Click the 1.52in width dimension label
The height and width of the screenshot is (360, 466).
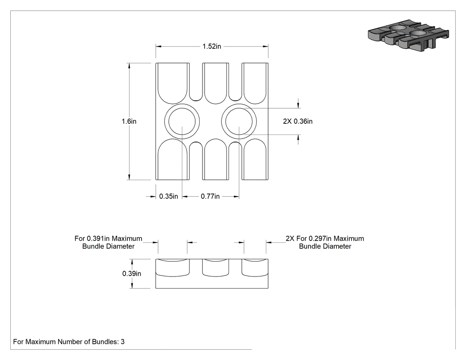click(x=212, y=46)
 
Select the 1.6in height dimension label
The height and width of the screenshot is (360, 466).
click(x=129, y=121)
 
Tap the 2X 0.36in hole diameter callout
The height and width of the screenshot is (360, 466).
click(x=298, y=121)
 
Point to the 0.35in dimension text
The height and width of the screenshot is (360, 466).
click(x=169, y=197)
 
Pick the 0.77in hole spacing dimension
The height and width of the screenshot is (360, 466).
click(x=210, y=197)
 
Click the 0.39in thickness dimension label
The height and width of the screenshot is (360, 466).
click(x=132, y=273)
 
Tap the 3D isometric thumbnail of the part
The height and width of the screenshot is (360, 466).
click(x=408, y=36)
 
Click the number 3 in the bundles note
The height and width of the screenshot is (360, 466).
click(x=122, y=342)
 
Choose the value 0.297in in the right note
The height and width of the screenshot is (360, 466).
click(x=320, y=238)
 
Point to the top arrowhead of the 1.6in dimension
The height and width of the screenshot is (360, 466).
click(x=129, y=66)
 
